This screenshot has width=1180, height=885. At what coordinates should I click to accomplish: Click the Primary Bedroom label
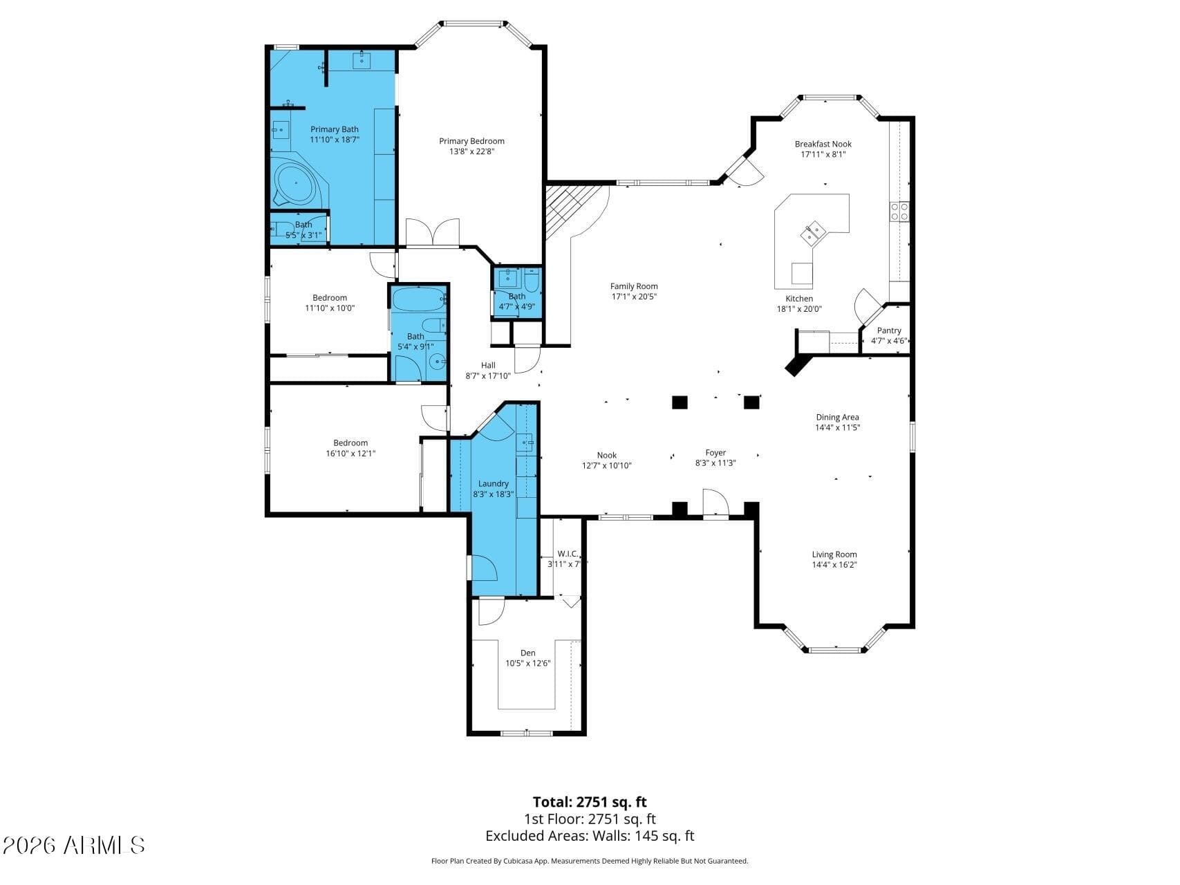[x=471, y=141]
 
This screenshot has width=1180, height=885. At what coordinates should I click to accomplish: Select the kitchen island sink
[x=812, y=233]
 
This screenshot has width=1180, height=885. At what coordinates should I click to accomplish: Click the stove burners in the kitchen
[x=899, y=211]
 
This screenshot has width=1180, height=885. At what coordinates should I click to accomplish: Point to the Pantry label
[x=889, y=330]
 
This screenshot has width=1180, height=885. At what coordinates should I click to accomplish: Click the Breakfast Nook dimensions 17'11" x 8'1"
[x=823, y=155]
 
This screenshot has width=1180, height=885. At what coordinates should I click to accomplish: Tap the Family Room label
[x=633, y=286]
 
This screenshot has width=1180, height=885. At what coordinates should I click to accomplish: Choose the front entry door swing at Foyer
[x=714, y=503]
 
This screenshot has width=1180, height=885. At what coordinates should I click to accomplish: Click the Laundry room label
[x=493, y=483]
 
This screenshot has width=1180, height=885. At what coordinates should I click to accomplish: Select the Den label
[x=527, y=653]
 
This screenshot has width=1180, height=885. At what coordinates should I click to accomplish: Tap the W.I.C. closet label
[x=568, y=554]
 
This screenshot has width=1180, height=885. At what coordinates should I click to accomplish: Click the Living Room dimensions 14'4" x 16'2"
[x=834, y=565]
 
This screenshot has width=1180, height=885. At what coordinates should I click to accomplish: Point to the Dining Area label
[x=837, y=417]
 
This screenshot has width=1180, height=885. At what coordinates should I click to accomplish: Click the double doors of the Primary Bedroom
[x=432, y=232]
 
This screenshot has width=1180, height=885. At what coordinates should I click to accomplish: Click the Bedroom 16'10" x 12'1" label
[x=350, y=443]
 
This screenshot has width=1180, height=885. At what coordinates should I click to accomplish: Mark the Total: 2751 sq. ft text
[x=589, y=802]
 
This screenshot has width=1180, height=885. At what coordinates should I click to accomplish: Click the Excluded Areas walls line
[x=589, y=836]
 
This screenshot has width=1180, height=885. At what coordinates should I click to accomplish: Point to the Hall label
[x=488, y=366]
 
